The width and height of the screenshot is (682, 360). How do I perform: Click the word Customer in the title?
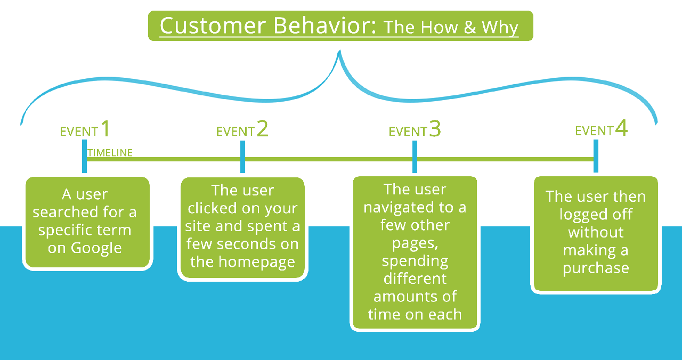click(x=213, y=26)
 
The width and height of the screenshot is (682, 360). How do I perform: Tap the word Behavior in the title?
click(x=325, y=26)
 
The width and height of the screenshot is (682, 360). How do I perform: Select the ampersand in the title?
click(x=470, y=27)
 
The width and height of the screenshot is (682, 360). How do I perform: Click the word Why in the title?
click(x=500, y=28)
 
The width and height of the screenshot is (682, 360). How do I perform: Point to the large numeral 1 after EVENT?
click(x=105, y=128)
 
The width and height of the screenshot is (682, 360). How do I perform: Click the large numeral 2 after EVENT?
click(x=263, y=128)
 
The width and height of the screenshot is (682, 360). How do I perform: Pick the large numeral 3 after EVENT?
click(x=435, y=128)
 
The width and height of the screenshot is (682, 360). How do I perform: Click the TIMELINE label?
click(x=110, y=152)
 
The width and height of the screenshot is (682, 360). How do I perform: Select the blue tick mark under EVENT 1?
click(x=84, y=157)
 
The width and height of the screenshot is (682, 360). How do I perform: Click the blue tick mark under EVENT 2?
click(x=242, y=157)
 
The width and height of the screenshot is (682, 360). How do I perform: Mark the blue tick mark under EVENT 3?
click(x=415, y=157)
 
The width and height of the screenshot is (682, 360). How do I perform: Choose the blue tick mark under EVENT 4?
click(x=596, y=156)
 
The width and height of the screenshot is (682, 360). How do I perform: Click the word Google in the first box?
click(x=96, y=248)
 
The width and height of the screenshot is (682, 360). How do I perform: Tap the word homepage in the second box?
click(x=257, y=262)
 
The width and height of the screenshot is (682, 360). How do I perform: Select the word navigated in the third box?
click(x=398, y=208)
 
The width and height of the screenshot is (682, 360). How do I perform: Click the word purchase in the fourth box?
click(x=596, y=268)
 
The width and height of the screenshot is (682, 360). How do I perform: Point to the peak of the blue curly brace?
click(x=339, y=51)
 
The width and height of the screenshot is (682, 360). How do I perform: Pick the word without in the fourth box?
click(x=596, y=233)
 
